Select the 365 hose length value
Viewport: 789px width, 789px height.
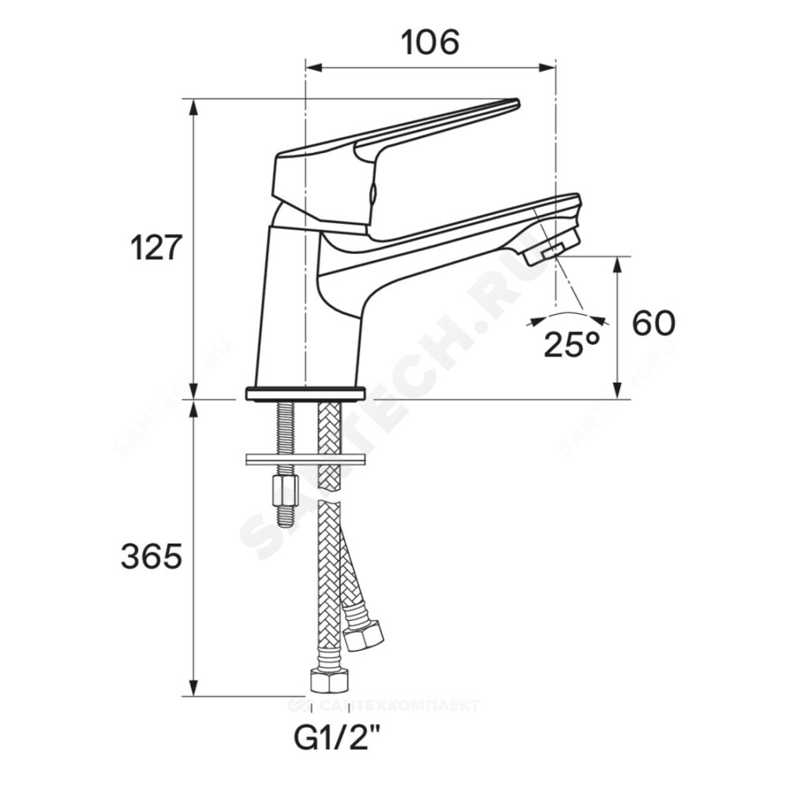coord(151,557)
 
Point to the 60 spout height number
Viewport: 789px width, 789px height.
coord(654,323)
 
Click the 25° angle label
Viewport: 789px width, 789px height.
coord(571,345)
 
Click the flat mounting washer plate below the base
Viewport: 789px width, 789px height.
coord(305,458)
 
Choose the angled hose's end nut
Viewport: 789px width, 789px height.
coord(364,635)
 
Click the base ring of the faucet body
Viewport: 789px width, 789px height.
coord(305,392)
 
